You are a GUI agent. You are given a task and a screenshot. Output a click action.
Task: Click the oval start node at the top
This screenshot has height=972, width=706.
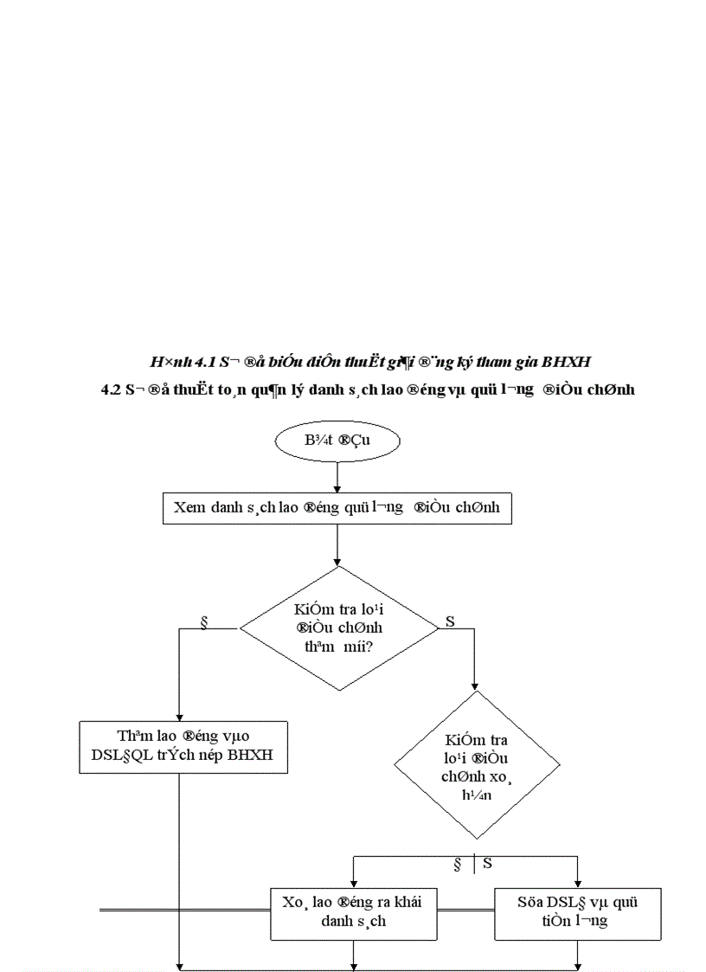point(337,441)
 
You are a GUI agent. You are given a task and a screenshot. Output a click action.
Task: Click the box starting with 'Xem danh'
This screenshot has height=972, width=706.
point(337,508)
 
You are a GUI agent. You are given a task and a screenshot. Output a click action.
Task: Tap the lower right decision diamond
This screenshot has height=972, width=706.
point(475,764)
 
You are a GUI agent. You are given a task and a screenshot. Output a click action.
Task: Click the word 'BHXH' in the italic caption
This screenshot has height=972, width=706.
point(567,359)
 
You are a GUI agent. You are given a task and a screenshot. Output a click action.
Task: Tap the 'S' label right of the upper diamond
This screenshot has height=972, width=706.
point(450,621)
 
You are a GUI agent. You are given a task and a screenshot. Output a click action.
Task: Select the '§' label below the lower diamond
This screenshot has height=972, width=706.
point(458,863)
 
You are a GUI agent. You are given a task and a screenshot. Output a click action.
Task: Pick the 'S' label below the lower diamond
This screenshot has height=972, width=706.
point(487,863)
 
